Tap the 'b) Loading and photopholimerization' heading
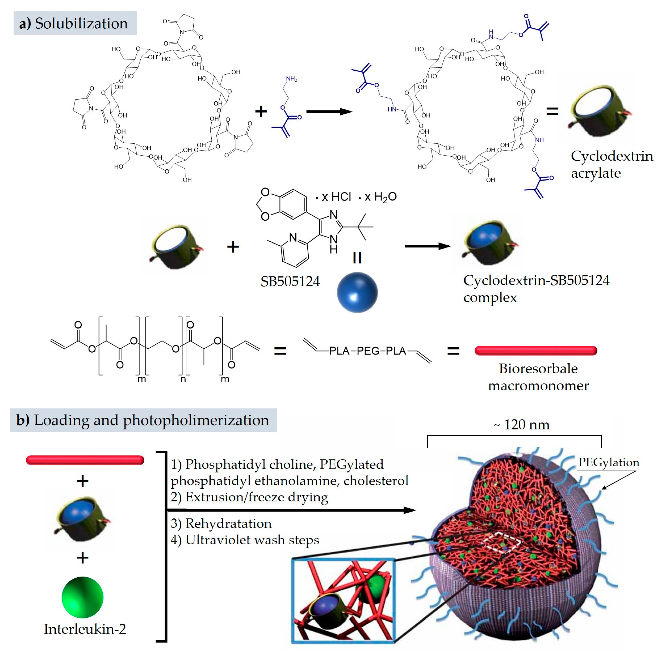[143, 420]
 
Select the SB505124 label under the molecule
[290, 282]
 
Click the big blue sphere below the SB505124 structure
[357, 292]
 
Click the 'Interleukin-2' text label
[85, 629]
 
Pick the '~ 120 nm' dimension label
[521, 425]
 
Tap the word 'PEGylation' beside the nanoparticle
[608, 462]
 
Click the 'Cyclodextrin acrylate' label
[611, 164]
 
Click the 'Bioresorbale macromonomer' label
[538, 377]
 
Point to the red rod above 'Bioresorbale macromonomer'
[536, 350]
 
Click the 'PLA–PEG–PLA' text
[367, 351]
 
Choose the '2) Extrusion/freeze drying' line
[249, 497]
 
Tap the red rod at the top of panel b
[85, 460]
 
